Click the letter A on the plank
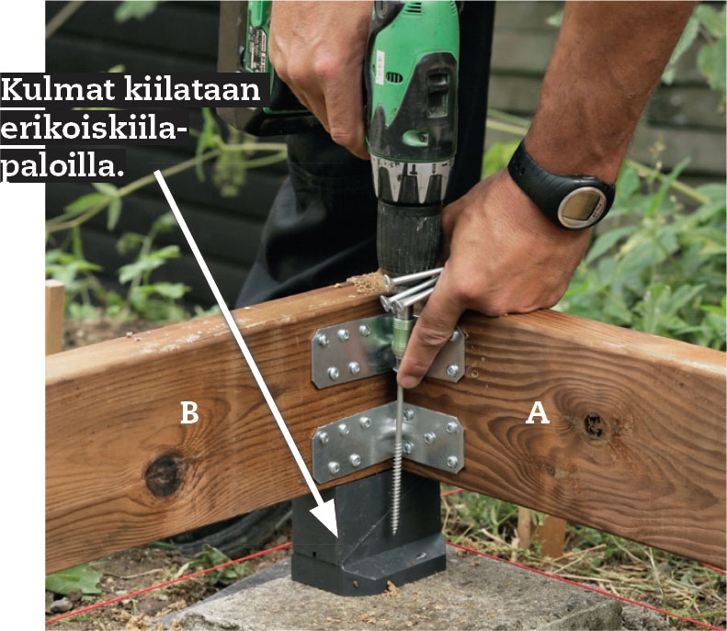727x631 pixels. [x=538, y=412]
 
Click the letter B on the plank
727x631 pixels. [x=189, y=412]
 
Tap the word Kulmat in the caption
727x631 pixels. [x=58, y=89]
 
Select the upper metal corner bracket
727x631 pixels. [x=388, y=351]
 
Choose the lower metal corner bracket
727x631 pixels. [x=388, y=442]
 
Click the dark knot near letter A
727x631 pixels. [x=594, y=423]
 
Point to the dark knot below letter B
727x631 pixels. [x=164, y=474]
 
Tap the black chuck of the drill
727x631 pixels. [x=409, y=237]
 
